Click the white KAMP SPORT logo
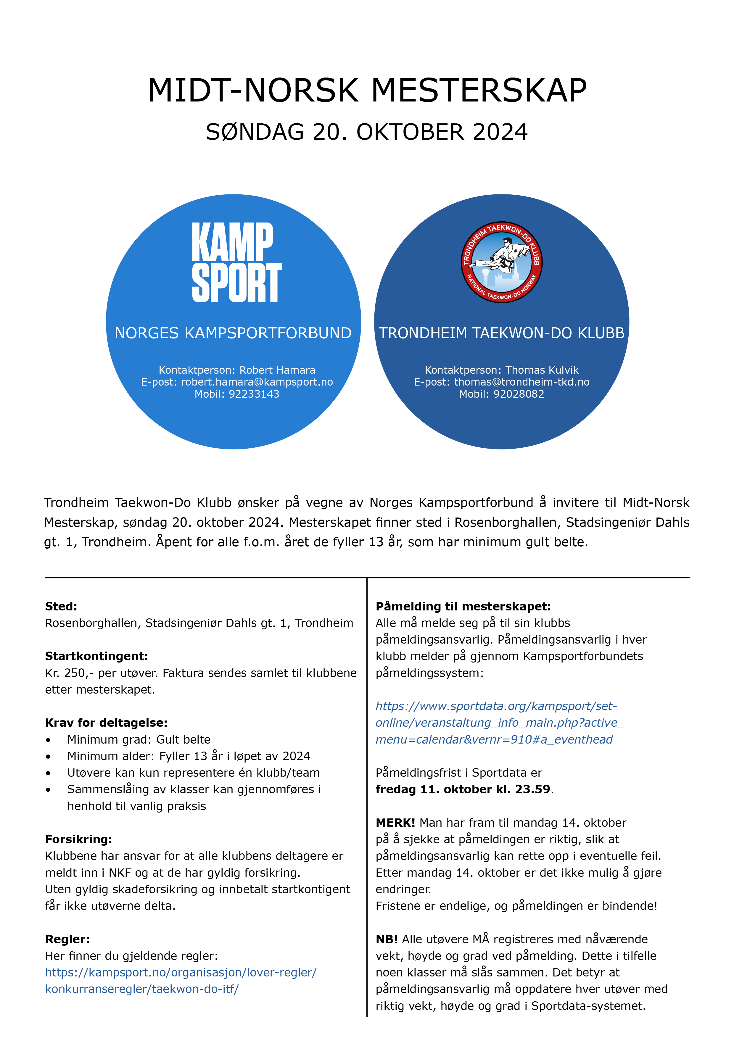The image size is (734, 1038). [x=236, y=262]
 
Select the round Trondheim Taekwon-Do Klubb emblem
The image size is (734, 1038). [x=502, y=262]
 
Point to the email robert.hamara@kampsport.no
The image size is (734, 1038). [x=257, y=382]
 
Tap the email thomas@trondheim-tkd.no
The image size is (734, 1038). [x=521, y=382]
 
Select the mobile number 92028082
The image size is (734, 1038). [x=519, y=394]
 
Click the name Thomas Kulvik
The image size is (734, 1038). [x=542, y=370]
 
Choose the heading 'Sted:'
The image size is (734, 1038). [x=61, y=606]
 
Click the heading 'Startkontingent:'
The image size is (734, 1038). [x=96, y=656]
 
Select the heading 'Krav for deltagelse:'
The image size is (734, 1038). [x=106, y=723]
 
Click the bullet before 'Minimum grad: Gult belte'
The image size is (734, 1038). [x=48, y=740]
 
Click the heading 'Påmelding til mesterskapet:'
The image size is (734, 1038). [x=463, y=606]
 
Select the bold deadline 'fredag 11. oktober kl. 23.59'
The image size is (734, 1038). [x=463, y=789]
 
